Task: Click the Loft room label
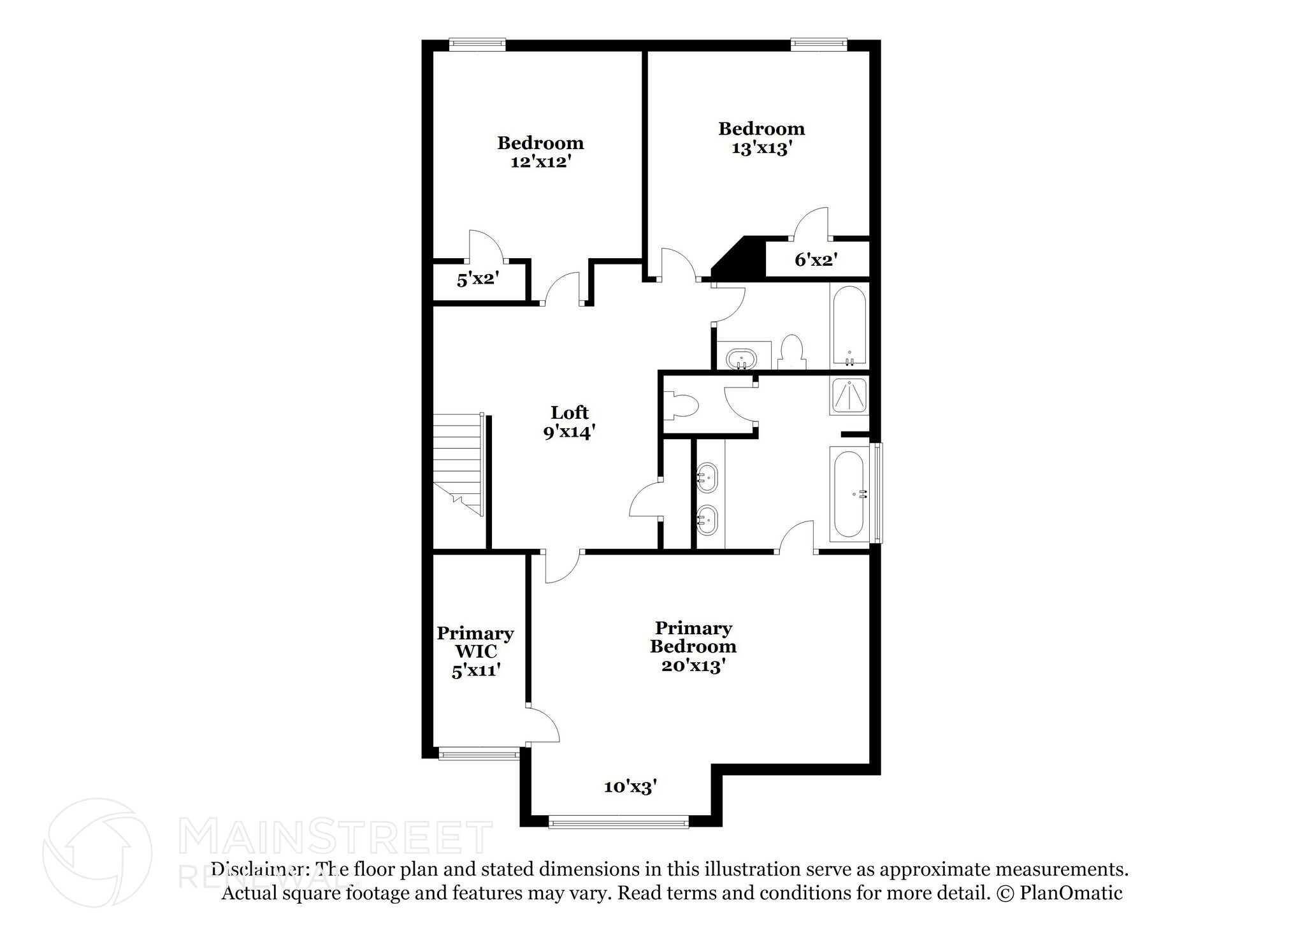(570, 413)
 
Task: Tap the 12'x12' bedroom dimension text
(540, 162)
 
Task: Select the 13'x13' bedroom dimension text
(762, 149)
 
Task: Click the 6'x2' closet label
(816, 260)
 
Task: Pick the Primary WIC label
(475, 642)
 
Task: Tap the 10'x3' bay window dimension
(630, 787)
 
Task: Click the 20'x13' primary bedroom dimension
(693, 666)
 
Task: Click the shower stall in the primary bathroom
(849, 396)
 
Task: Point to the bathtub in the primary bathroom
(849, 493)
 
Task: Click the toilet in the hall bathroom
(792, 352)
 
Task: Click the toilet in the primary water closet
(681, 406)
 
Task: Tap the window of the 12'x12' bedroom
(477, 45)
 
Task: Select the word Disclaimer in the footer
(261, 869)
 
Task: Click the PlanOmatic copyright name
(1071, 893)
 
